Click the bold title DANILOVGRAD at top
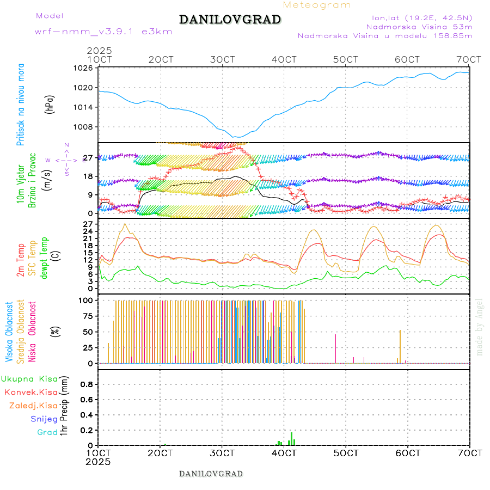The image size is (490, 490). tap(230, 20)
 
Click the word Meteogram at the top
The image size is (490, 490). tap(317, 5)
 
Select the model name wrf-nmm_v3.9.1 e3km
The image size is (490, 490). tap(103, 31)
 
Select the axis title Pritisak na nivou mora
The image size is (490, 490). tap(21, 105)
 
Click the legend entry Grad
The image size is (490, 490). tap(47, 432)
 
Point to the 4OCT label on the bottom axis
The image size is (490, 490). tap(284, 453)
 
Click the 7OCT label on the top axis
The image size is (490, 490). tap(469, 59)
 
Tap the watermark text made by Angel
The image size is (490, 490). tap(479, 327)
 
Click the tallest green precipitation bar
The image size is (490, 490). tap(292, 438)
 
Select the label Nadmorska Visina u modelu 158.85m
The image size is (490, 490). tap(384, 35)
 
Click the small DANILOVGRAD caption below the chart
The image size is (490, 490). tap(211, 474)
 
